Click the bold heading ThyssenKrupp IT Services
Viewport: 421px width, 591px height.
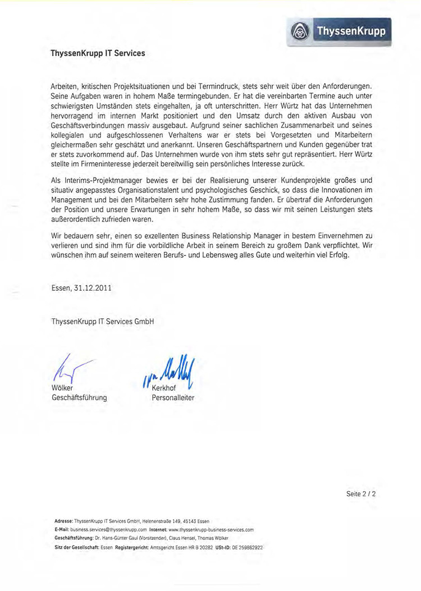pos(98,54)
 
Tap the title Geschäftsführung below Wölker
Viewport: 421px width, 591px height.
pos(79,398)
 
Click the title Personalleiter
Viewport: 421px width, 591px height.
pos(173,398)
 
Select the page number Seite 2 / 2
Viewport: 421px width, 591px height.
pos(360,494)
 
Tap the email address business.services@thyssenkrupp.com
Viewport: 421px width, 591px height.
pos(109,529)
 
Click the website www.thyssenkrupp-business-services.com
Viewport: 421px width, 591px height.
pos(211,529)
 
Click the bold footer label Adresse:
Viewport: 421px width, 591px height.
pos(63,521)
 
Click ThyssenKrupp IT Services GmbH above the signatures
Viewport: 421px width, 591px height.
pos(102,321)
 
